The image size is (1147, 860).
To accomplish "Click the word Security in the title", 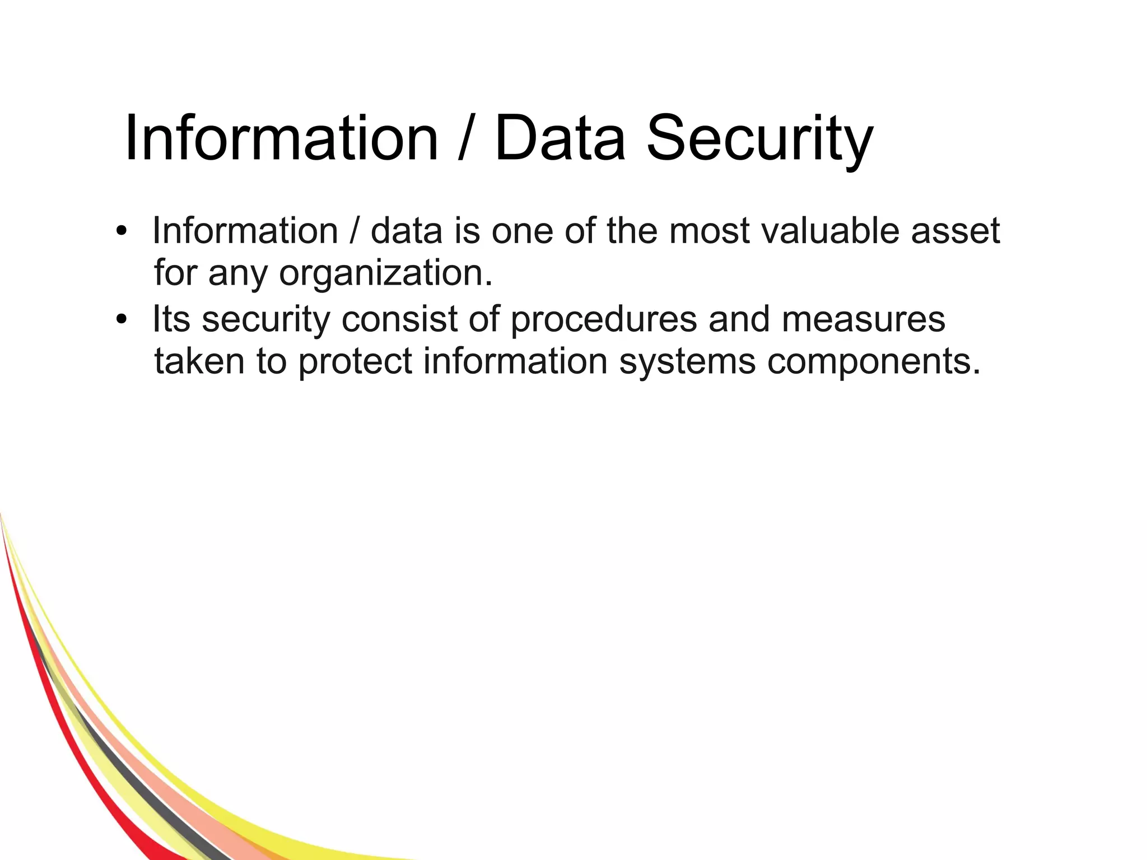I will pyautogui.click(x=759, y=139).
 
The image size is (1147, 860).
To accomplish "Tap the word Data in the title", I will pyautogui.click(x=559, y=139).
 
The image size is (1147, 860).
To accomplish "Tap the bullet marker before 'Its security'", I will pyautogui.click(x=122, y=320).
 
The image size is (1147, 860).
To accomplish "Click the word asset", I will pyautogui.click(x=955, y=231).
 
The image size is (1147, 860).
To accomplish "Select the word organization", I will pyautogui.click(x=386, y=275).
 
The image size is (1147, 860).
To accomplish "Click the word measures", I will pyautogui.click(x=863, y=319).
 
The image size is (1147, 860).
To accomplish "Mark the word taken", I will pyautogui.click(x=199, y=361).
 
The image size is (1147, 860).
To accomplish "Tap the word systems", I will pyautogui.click(x=687, y=362).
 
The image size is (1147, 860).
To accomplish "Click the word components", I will pyautogui.click(x=874, y=362).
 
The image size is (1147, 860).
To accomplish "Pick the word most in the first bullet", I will pyautogui.click(x=709, y=231).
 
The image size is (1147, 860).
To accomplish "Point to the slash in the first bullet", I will pyautogui.click(x=354, y=231).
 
